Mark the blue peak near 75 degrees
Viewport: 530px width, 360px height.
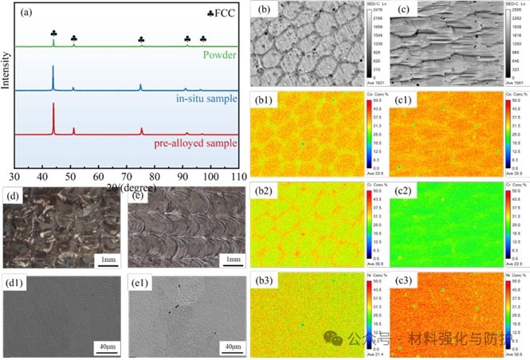pos(140,84)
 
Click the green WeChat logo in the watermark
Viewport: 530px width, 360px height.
pos(334,339)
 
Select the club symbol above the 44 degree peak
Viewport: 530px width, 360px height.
pos(53,33)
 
